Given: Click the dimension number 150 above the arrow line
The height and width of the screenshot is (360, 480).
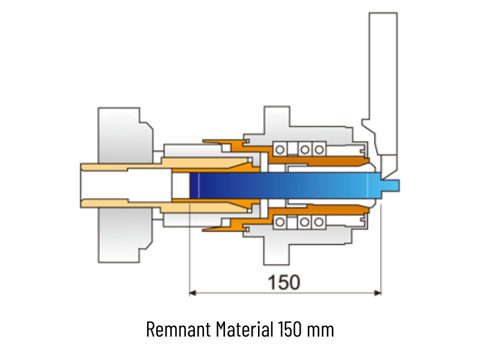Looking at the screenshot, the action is (x=284, y=282).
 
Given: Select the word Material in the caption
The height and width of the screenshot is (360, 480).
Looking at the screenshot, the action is (x=244, y=329).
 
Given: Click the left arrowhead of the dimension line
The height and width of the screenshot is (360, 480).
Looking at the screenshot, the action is (x=192, y=293).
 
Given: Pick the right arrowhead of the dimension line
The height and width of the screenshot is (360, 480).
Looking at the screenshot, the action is (x=378, y=293).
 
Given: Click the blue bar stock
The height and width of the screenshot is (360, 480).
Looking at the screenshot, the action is (x=284, y=185).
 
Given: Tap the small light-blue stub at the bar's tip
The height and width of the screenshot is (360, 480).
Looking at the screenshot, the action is (x=390, y=185).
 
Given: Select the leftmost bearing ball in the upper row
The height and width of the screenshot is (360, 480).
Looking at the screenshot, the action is (x=280, y=149).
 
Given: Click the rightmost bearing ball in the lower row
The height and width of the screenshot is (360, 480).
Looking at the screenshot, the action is (x=319, y=222).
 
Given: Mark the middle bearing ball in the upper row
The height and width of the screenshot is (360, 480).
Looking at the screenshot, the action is (x=305, y=149).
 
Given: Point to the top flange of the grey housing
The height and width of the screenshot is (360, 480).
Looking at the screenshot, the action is (x=277, y=120).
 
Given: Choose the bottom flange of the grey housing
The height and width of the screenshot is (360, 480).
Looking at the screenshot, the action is (x=277, y=251).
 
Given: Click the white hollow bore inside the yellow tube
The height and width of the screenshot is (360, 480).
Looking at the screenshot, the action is (x=126, y=185).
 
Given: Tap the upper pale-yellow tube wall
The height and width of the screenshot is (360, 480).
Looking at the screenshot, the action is (x=166, y=164).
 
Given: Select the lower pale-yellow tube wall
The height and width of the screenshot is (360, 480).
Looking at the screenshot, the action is (x=166, y=206).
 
